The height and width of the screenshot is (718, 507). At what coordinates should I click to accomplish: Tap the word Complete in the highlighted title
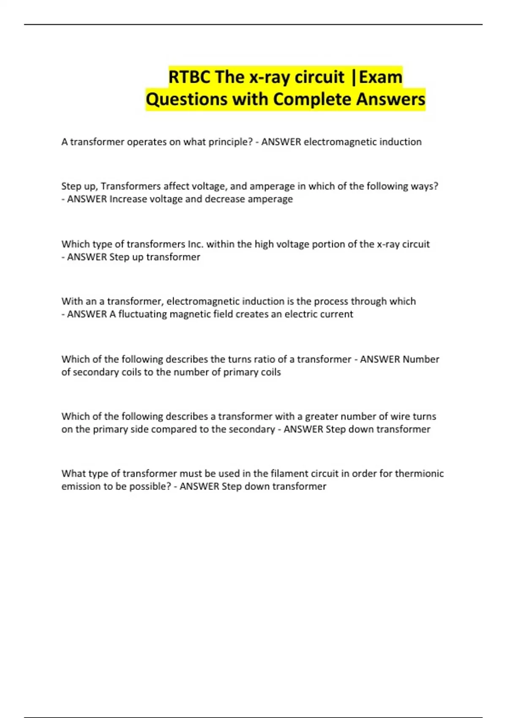pos(313,100)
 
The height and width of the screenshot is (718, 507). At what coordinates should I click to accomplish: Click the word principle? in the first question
pos(230,142)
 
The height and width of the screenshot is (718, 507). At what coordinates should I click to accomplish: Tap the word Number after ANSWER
pos(421,359)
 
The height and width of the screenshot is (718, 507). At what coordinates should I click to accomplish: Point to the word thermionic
pos(419,473)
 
